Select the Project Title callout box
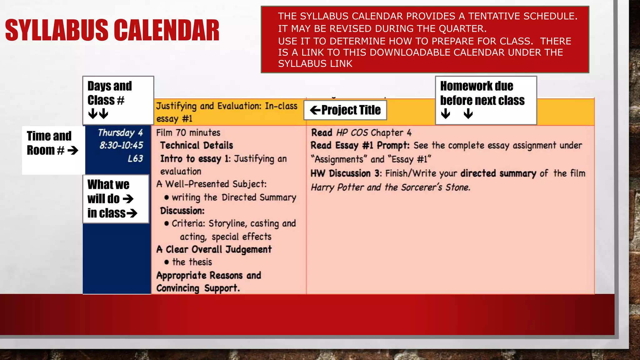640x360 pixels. [345, 110]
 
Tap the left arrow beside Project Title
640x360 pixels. [315, 110]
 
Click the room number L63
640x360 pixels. [135, 159]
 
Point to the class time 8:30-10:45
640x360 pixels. [121, 145]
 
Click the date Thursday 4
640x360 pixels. [120, 133]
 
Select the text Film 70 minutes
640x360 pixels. [188, 133]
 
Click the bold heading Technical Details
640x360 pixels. [197, 146]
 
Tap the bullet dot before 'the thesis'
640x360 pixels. [167, 262]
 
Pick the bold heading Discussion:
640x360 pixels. [182, 211]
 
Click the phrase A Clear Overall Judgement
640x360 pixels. [214, 249]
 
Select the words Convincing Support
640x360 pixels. [198, 288]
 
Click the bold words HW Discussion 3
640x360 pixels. [345, 173]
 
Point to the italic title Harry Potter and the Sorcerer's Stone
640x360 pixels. [390, 187]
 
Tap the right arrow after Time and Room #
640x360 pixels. [73, 151]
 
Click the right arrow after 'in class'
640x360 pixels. [132, 213]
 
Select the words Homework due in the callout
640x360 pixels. [476, 86]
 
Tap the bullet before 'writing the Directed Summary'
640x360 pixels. [167, 197]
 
